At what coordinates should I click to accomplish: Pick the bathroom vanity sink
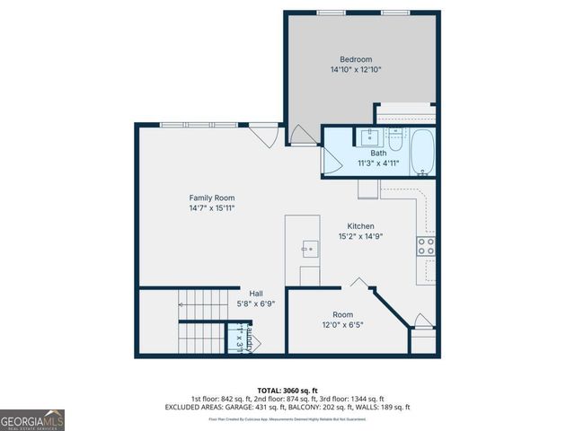pyautogui.click(x=368, y=138)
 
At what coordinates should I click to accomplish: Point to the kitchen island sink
pyautogui.click(x=309, y=248)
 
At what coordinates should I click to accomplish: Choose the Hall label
pyautogui.click(x=256, y=293)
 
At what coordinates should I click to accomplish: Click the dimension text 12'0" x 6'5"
pyautogui.click(x=342, y=325)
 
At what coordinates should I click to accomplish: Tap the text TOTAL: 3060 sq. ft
pyautogui.click(x=287, y=389)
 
